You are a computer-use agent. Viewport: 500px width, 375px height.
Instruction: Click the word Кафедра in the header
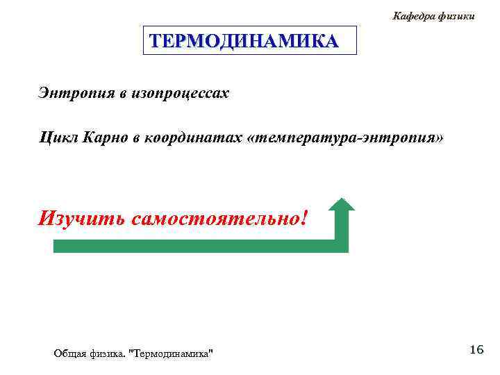point(414,15)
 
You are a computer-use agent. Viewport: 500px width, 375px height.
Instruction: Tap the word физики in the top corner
point(456,15)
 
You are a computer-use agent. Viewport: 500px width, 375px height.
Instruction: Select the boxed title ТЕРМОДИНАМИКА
point(244,40)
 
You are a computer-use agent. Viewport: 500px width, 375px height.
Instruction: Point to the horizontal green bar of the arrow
point(194,246)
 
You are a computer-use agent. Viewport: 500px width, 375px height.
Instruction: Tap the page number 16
point(476,349)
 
